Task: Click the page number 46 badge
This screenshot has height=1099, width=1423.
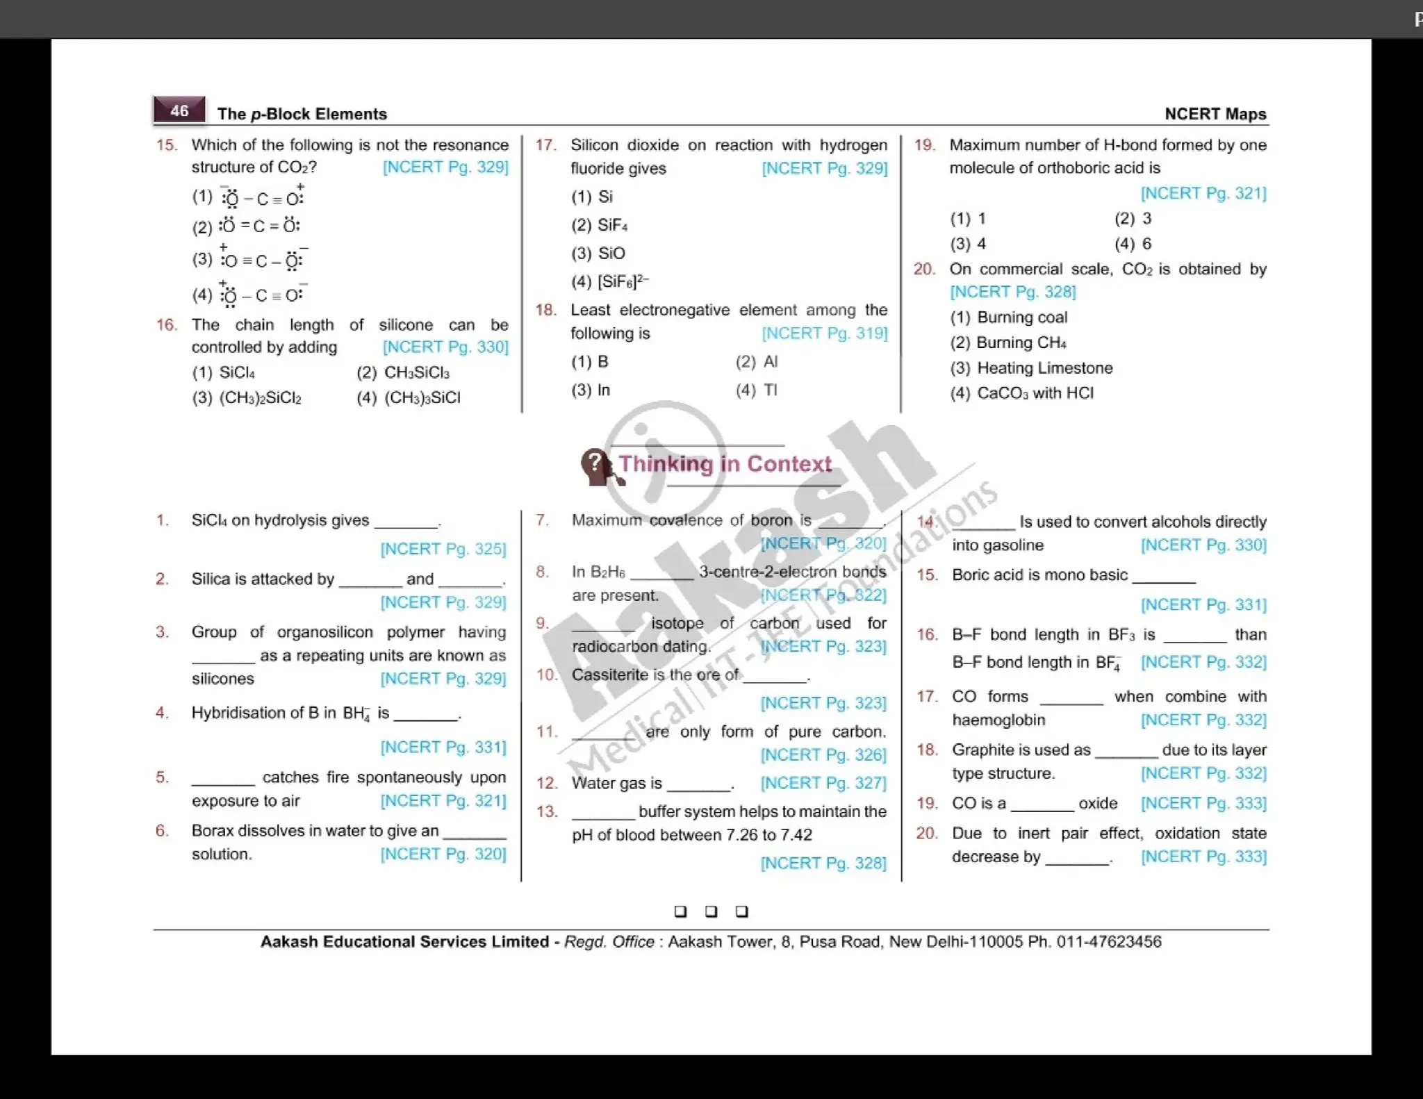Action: pos(179,110)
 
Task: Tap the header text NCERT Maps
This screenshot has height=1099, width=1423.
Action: pos(1215,114)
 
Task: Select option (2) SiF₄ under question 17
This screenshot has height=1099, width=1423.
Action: pos(600,225)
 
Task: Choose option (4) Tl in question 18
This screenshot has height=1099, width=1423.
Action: pos(757,390)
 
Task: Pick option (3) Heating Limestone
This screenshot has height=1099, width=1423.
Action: pos(1032,368)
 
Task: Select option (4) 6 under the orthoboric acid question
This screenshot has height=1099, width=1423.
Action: pos(1133,244)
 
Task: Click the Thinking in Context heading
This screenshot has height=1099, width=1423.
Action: pos(725,464)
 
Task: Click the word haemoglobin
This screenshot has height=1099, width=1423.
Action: pos(998,720)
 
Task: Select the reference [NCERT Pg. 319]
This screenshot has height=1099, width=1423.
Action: pos(824,333)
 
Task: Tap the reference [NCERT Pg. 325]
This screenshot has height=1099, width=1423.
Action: pos(443,549)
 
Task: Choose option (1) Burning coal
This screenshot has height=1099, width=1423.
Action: pos(1009,317)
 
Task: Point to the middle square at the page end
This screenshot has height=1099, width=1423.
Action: pos(711,911)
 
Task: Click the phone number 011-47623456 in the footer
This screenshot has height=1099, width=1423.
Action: pos(1109,942)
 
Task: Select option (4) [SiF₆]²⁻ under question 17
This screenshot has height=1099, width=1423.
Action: pos(610,281)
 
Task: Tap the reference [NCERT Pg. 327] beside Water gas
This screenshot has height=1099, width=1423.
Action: pos(823,783)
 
